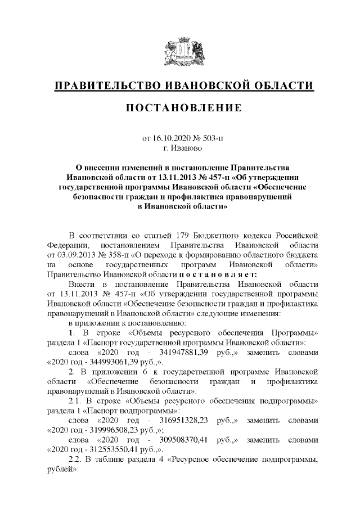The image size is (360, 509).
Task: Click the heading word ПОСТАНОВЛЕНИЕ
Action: click(x=180, y=107)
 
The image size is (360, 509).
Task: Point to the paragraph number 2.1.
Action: click(x=75, y=400)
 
